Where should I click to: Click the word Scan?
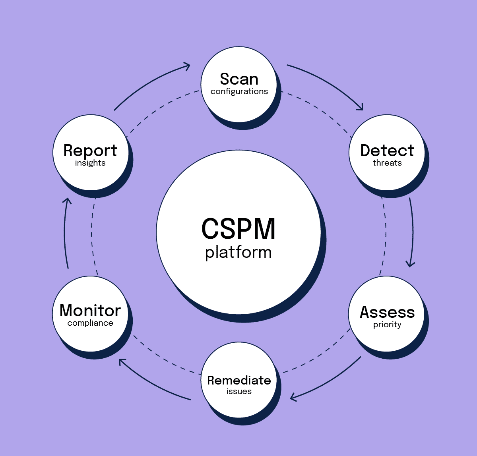pyautogui.click(x=239, y=79)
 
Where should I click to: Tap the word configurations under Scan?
pyautogui.click(x=239, y=91)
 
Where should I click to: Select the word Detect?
pyautogui.click(x=387, y=151)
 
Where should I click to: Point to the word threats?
pyautogui.click(x=387, y=163)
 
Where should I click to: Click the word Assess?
pyautogui.click(x=387, y=312)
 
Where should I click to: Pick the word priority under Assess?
pyautogui.click(x=387, y=325)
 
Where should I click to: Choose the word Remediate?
pyautogui.click(x=239, y=380)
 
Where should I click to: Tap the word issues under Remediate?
pyautogui.click(x=239, y=391)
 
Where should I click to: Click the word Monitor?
pyautogui.click(x=90, y=311)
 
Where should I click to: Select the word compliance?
pyautogui.click(x=90, y=323)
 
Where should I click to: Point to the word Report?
pyautogui.click(x=90, y=151)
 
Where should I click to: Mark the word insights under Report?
pyautogui.click(x=90, y=163)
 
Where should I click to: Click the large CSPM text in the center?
pyautogui.click(x=238, y=229)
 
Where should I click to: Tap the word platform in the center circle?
pyautogui.click(x=238, y=252)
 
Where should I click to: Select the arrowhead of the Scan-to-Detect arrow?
pyautogui.click(x=360, y=107)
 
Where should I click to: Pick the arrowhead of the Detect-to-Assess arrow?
pyautogui.click(x=410, y=263)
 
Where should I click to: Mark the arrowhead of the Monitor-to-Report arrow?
pyautogui.click(x=68, y=201)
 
